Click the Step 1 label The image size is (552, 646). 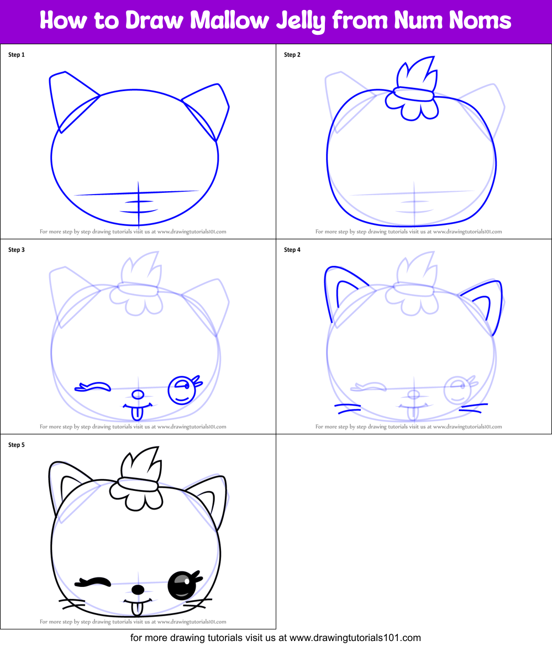click(17, 55)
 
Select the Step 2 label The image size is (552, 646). click(292, 55)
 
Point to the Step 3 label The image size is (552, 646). click(17, 250)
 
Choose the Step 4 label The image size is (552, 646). click(292, 250)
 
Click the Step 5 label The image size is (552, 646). click(17, 445)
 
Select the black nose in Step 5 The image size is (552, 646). click(138, 590)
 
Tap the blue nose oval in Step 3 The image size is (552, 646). click(137, 395)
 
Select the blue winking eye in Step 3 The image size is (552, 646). click(94, 386)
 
